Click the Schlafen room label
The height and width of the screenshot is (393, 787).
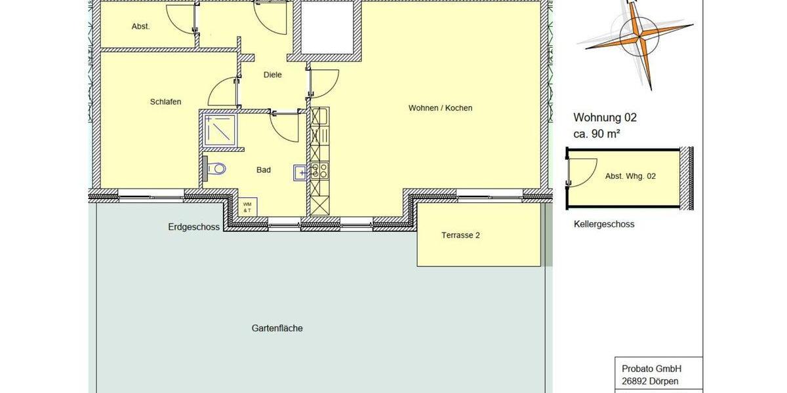(165, 102)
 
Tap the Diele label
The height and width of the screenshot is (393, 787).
(273, 75)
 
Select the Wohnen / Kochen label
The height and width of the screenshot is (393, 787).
(440, 108)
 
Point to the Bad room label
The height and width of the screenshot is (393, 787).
(264, 170)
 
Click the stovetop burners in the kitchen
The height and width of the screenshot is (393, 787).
(319, 171)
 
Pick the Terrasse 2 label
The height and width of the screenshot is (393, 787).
(460, 235)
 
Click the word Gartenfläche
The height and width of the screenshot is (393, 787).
(277, 328)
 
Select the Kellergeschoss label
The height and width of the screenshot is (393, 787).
(604, 224)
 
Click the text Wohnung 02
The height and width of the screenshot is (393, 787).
(605, 119)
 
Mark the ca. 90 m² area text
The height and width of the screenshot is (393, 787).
(597, 134)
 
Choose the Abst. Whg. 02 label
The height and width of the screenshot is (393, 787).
(630, 176)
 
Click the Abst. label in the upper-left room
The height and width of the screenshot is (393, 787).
(141, 27)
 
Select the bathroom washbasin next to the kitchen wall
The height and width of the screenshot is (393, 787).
(300, 173)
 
